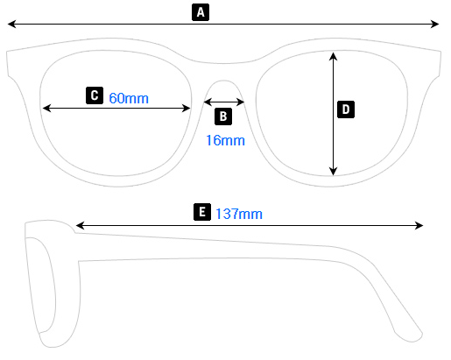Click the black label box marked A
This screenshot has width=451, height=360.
point(201,11)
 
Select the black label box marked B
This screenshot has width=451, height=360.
point(222,116)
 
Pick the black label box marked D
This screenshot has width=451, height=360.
point(346,109)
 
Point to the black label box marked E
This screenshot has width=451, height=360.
point(202,213)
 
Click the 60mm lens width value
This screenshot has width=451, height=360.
point(129,98)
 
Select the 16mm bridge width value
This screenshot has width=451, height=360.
point(225,140)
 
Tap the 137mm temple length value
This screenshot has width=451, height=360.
point(239,214)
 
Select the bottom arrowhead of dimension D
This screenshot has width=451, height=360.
point(334,172)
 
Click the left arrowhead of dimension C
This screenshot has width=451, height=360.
point(46,109)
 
